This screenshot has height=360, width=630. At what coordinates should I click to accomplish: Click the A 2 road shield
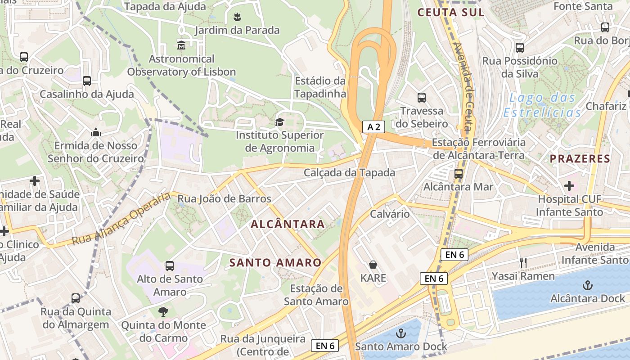click(373, 127)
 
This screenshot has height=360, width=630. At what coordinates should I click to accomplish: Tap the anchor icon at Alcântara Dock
click(587, 285)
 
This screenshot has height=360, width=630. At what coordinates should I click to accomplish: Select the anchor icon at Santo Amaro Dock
click(400, 333)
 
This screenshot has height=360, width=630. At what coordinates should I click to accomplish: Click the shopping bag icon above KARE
click(373, 264)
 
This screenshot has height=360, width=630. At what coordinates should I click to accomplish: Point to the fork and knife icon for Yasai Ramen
click(523, 262)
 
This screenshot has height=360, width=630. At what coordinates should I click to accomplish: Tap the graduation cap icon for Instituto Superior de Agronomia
click(279, 122)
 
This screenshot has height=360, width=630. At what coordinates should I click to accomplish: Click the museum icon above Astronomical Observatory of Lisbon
click(181, 45)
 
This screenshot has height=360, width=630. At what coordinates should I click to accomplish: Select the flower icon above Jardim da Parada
click(237, 17)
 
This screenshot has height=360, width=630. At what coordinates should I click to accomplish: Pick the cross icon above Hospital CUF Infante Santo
click(569, 185)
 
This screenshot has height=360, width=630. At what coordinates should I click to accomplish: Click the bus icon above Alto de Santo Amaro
click(170, 266)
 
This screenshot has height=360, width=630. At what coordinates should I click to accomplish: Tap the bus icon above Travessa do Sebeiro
click(422, 97)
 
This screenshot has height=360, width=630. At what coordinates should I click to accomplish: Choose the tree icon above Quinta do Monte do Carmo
click(163, 311)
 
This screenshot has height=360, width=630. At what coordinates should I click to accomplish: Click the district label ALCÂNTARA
click(288, 224)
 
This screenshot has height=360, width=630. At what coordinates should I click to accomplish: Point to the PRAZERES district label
click(580, 158)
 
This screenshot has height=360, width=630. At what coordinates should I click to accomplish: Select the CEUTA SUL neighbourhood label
click(451, 12)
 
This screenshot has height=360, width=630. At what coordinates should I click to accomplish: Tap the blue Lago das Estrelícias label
click(542, 105)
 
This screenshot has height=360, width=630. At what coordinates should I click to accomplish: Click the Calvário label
click(390, 214)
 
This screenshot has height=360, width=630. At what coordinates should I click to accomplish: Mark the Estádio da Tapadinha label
click(320, 87)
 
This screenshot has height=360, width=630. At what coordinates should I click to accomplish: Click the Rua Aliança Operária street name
click(121, 219)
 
